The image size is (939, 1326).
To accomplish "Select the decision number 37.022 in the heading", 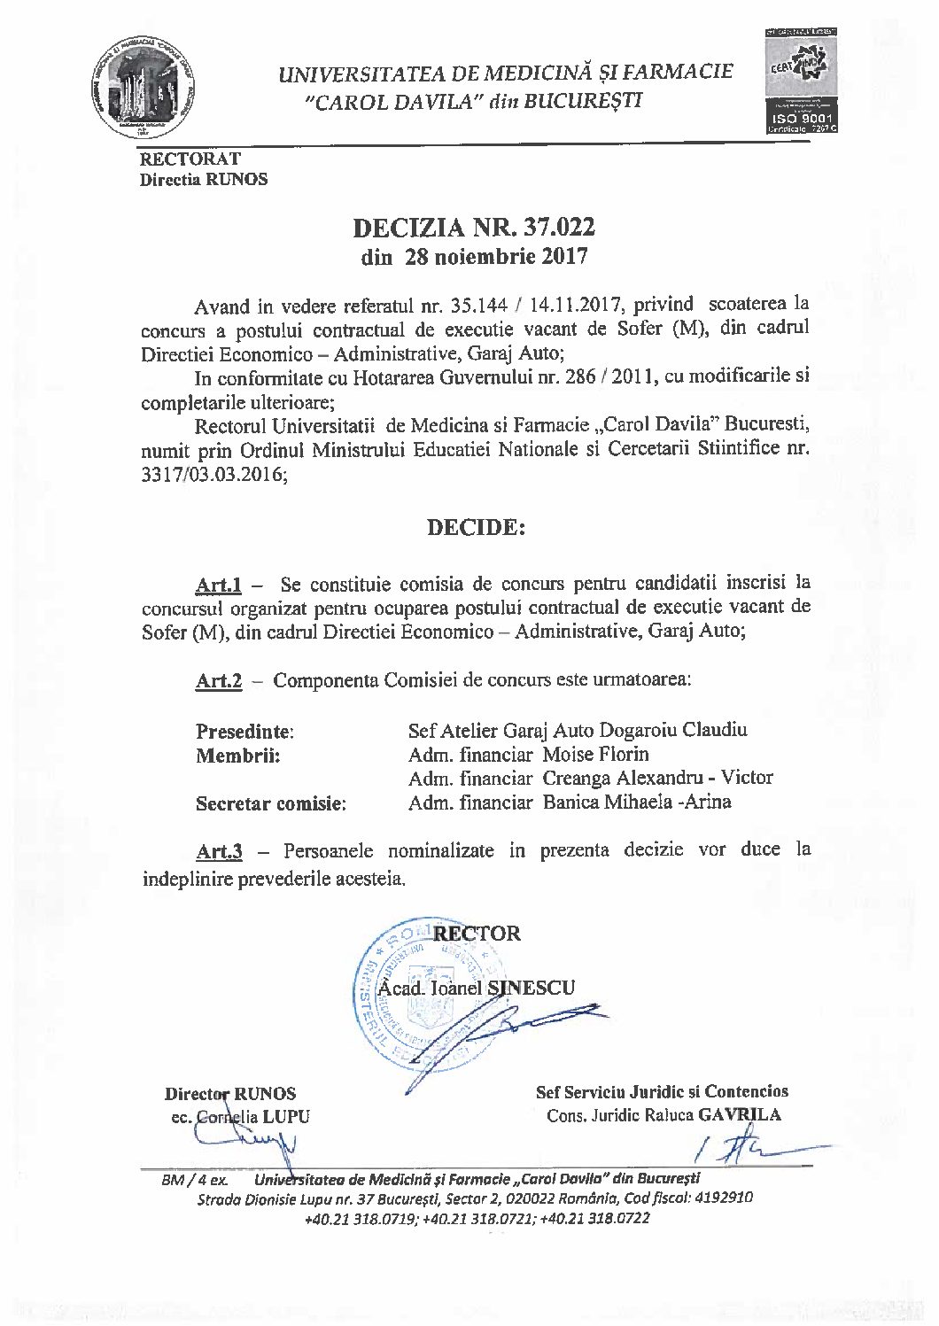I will click(x=556, y=228).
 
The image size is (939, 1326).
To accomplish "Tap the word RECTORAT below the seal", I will click(x=190, y=159).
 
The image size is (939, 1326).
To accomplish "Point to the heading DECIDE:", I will click(x=476, y=528).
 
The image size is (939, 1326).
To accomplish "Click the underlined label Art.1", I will click(x=218, y=585).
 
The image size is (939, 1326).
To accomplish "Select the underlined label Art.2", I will click(x=218, y=681).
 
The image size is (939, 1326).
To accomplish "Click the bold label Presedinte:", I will click(x=244, y=733).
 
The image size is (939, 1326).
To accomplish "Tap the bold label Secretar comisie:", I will click(x=270, y=804).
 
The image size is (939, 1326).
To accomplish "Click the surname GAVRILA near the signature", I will click(x=740, y=1115).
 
